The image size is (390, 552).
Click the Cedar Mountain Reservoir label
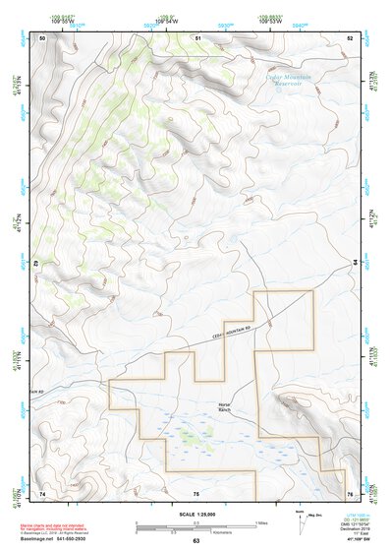pyautogui.click(x=289, y=81)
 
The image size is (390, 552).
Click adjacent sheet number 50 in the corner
pyautogui.click(x=42, y=37)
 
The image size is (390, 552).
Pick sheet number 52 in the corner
pyautogui.click(x=350, y=37)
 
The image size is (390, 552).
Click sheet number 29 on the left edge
pyautogui.click(x=38, y=264)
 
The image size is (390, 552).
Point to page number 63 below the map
pyautogui.click(x=195, y=541)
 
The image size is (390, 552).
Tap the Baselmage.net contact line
pyautogui.click(x=57, y=538)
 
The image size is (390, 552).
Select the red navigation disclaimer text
pyautogui.click(x=56, y=523)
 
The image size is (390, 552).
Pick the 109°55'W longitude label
pyautogui.click(x=61, y=21)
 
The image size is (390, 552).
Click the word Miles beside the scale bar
pyautogui.click(x=261, y=521)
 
